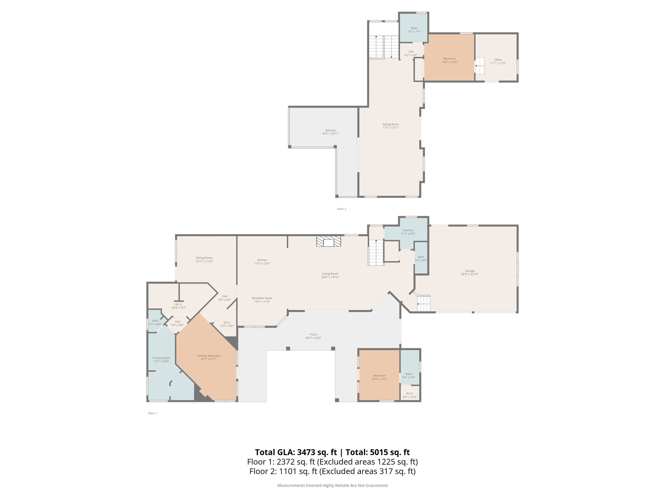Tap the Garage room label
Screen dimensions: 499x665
tap(470, 271)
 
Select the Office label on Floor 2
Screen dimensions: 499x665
tap(498, 60)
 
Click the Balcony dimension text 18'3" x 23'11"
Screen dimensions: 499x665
tap(330, 134)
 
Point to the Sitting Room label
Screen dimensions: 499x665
tap(391, 124)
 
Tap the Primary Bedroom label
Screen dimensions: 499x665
tap(208, 356)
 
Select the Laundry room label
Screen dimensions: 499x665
tap(408, 230)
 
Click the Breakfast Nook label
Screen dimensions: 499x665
tap(262, 298)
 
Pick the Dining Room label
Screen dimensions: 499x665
tap(204, 258)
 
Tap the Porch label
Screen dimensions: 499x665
tap(313, 334)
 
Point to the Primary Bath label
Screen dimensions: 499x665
tap(161, 358)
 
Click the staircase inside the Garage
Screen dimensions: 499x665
tap(423, 303)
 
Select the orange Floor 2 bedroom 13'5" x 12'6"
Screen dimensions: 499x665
tap(449, 60)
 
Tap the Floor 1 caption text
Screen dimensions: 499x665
tap(152, 413)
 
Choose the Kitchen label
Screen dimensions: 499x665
tap(262, 260)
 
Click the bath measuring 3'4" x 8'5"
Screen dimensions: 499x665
tap(421, 259)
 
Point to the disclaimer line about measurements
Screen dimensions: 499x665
tap(332, 485)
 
